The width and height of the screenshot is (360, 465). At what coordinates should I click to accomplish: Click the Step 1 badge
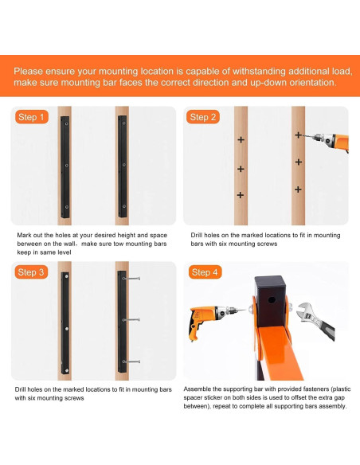click(x=31, y=117)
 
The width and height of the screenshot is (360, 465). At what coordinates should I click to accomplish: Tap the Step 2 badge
click(x=203, y=117)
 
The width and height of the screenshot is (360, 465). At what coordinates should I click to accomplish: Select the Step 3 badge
click(x=31, y=272)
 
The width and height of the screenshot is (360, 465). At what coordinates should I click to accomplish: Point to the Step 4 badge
click(x=205, y=272)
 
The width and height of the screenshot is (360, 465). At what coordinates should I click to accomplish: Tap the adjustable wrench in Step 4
click(x=317, y=320)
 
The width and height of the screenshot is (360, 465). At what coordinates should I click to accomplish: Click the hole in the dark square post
click(x=272, y=300)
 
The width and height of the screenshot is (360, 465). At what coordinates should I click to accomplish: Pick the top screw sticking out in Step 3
click(x=131, y=279)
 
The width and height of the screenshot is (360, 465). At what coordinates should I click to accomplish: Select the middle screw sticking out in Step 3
click(x=131, y=320)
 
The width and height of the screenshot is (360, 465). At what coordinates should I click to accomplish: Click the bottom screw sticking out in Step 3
click(x=131, y=361)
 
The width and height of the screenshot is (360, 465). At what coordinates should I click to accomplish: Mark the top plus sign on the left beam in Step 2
click(x=241, y=139)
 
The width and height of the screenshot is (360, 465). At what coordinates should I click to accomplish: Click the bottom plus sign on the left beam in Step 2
click(x=241, y=195)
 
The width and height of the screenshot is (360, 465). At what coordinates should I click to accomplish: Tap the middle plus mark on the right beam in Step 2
click(x=299, y=162)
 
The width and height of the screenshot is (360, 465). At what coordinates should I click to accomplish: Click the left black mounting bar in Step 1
click(x=65, y=167)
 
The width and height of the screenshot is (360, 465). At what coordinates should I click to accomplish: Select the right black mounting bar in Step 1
click(x=122, y=166)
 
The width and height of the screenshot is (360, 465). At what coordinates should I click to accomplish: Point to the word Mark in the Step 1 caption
click(x=24, y=235)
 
